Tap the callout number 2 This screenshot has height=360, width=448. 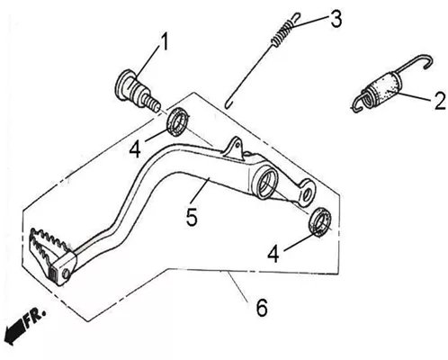[439, 101]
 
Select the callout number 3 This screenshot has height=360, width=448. [336, 19]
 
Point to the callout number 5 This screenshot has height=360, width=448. [192, 217]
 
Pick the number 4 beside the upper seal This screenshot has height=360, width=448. [135, 148]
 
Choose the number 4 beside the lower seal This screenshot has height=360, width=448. [273, 254]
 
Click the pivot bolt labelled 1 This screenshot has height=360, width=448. [138, 90]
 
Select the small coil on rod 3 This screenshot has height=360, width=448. [282, 33]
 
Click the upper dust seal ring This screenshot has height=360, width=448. [178, 121]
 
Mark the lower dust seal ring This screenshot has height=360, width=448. [320, 222]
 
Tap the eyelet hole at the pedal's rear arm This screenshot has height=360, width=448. [307, 194]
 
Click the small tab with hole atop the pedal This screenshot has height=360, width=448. [235, 147]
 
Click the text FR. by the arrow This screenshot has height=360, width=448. [35, 319]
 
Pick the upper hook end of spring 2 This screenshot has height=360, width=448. [426, 61]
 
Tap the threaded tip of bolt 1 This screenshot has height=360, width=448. [151, 103]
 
